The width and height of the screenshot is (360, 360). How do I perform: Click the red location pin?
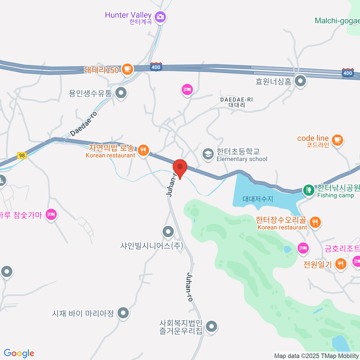(x=180, y=167)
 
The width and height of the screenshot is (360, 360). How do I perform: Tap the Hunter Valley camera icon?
(x=160, y=16)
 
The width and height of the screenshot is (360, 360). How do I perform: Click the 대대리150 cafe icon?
(x=127, y=69)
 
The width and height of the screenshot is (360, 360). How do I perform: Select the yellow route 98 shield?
(x=22, y=155)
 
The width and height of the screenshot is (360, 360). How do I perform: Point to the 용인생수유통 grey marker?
(x=121, y=93)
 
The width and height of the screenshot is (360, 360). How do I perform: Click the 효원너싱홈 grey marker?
(x=300, y=81)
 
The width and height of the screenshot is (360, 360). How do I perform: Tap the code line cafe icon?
(x=337, y=139)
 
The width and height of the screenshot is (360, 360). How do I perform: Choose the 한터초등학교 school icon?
(x=208, y=154)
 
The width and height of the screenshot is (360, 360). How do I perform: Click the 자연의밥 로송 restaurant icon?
(x=143, y=150)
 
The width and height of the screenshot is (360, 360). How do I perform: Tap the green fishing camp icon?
(x=308, y=190)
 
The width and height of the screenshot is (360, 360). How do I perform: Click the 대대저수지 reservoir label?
(x=258, y=199)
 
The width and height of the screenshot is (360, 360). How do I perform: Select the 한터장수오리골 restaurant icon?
(x=315, y=222)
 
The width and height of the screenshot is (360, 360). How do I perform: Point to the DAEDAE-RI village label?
(x=237, y=102)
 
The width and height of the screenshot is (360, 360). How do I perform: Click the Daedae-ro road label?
(x=84, y=124)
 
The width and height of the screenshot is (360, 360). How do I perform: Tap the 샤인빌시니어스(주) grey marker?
(x=168, y=232)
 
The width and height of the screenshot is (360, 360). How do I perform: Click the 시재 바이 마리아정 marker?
(x=123, y=313)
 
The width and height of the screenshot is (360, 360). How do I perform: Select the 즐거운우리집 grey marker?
(x=212, y=326)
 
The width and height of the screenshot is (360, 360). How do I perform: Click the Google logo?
(x=19, y=353)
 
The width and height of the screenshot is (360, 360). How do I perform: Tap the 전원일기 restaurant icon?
(x=340, y=264)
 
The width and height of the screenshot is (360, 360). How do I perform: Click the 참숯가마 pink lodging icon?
(x=51, y=214)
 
